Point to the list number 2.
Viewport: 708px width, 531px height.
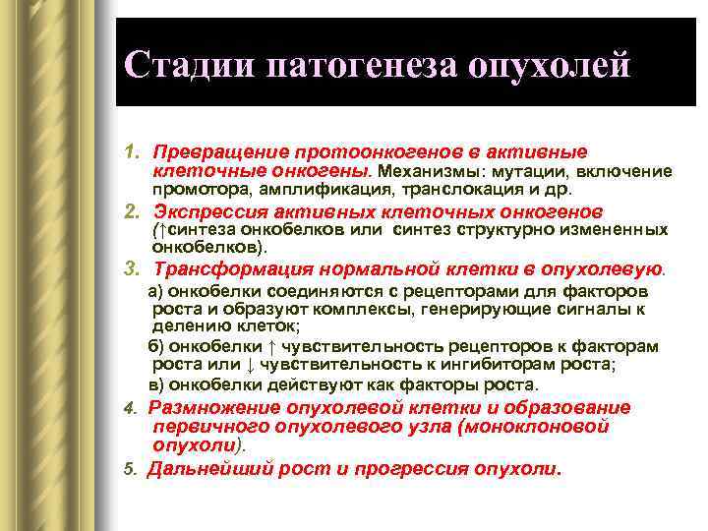[x=130, y=212]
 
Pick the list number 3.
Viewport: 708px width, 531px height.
[x=130, y=268]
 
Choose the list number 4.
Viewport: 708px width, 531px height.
[x=130, y=409]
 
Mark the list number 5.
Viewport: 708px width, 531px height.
[x=130, y=470]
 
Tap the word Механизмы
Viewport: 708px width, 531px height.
[x=424, y=170]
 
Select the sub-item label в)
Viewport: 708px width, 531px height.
[x=155, y=383]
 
